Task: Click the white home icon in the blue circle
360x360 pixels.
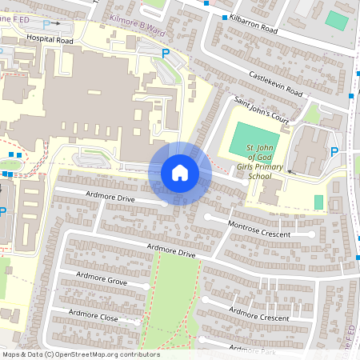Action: (179, 172)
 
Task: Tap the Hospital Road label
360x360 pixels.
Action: (49, 38)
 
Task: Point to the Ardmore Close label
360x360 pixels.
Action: (94, 315)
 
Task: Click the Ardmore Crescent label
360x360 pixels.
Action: (259, 313)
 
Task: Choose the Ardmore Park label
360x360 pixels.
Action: (252, 350)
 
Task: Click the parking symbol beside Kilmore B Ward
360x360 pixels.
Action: (166, 54)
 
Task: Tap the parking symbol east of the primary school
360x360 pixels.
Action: (334, 152)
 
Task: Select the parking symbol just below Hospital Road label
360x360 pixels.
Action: (46, 25)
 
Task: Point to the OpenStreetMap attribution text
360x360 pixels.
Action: (81, 354)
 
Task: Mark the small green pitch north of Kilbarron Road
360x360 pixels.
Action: (337, 20)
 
